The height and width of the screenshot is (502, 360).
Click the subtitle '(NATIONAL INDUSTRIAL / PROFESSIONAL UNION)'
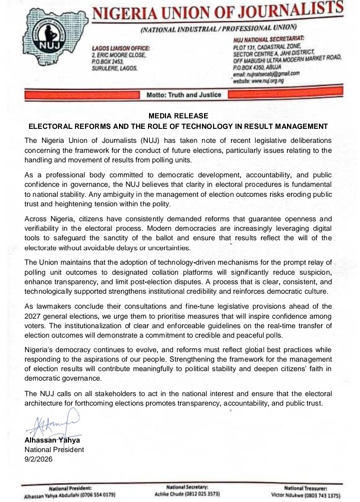[218, 28]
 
